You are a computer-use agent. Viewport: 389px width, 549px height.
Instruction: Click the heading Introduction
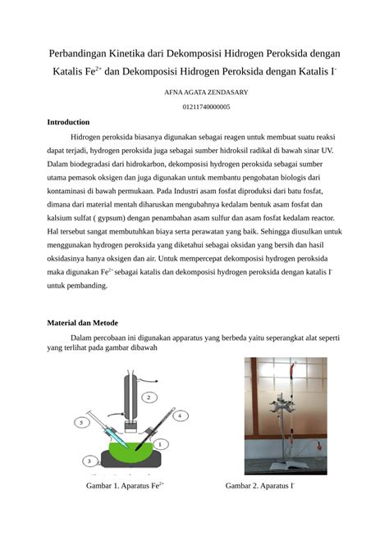(74, 121)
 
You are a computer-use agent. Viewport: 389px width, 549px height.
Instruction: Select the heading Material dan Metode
(89, 323)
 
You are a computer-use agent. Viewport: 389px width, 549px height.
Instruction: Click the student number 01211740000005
(206, 107)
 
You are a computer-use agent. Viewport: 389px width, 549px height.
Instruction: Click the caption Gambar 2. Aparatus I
(260, 485)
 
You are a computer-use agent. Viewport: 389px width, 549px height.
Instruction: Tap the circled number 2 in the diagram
(148, 397)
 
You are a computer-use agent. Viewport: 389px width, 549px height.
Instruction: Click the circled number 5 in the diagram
(81, 422)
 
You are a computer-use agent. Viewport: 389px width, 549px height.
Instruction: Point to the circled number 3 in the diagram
(89, 461)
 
